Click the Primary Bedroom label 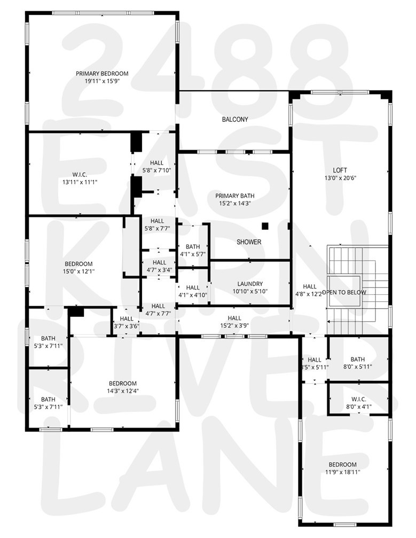click(102, 74)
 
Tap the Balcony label click(235, 120)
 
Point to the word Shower click(249, 242)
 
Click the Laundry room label click(250, 284)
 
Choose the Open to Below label click(350, 292)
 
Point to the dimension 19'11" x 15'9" click(102, 82)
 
